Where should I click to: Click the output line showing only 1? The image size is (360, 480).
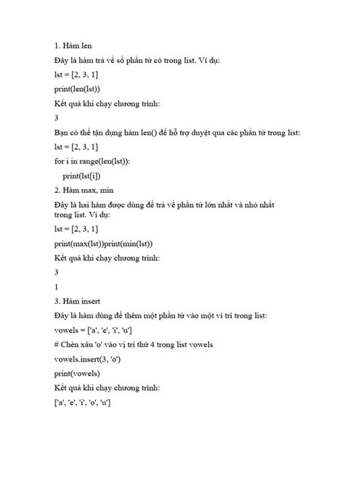click(57, 286)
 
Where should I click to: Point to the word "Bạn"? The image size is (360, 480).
click(62, 132)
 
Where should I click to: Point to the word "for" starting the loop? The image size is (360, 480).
click(60, 162)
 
